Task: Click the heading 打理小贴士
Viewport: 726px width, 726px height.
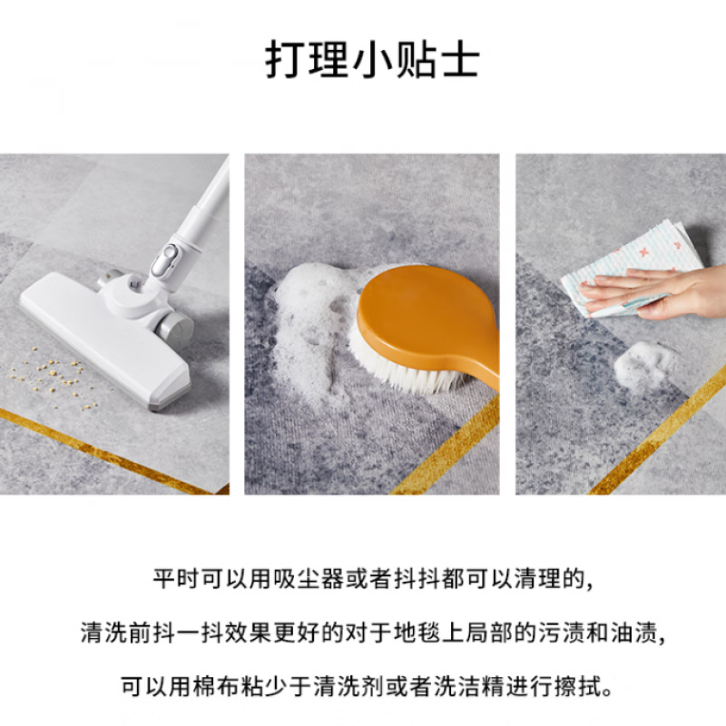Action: click(x=372, y=60)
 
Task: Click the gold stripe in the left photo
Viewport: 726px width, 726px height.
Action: click(x=109, y=448)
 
